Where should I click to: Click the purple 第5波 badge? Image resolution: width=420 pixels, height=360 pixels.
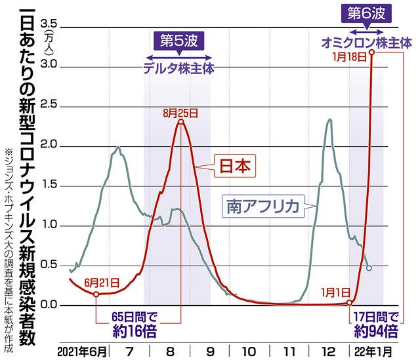(x=177, y=41)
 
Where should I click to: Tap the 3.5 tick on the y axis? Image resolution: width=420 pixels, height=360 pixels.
(x=49, y=25)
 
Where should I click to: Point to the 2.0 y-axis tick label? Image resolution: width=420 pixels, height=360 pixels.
(x=49, y=145)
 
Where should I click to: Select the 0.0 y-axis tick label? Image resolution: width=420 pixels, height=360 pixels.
(x=49, y=306)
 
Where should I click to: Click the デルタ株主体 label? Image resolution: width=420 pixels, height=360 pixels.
(x=177, y=67)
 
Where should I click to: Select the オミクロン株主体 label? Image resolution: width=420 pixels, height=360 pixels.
(x=366, y=43)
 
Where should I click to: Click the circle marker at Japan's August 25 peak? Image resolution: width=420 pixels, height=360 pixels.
(x=180, y=121)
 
